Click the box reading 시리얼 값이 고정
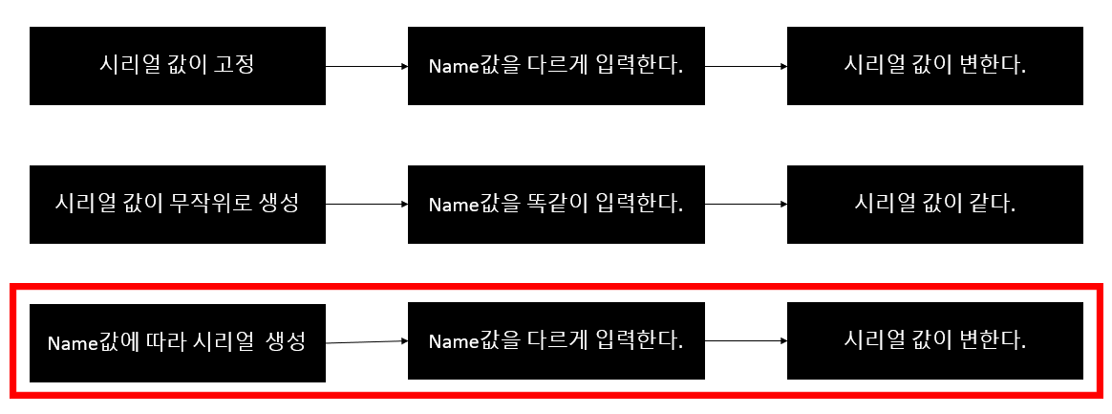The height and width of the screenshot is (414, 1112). pos(178,66)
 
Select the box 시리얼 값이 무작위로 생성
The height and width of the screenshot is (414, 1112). pos(178,204)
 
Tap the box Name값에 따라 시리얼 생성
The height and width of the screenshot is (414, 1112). pos(178,342)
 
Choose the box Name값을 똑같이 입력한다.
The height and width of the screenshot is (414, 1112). pos(556,204)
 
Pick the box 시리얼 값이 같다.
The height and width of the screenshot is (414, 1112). pos(934,204)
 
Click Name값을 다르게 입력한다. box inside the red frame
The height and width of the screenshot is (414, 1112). pos(556,341)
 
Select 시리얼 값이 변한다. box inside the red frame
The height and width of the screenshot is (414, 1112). pos(934,341)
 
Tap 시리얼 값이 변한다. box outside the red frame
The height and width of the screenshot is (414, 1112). pos(934,66)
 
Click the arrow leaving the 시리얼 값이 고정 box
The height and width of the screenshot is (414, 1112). pos(367,67)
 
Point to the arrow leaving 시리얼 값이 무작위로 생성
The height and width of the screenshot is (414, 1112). pos(367,205)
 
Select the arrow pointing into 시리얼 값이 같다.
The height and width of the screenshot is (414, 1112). pos(746,205)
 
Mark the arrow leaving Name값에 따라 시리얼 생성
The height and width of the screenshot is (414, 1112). pos(367,341)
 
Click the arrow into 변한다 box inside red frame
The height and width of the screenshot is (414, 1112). pos(746,340)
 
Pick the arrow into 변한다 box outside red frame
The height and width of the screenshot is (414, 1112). pos(746,67)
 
